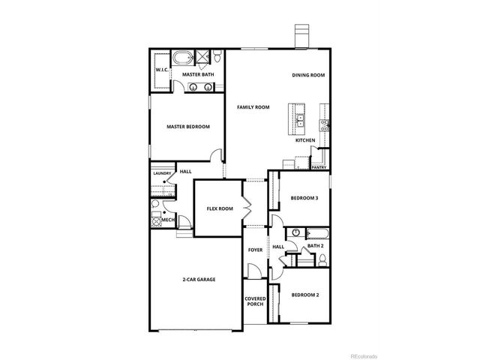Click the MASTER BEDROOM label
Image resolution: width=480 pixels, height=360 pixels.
click(188, 127)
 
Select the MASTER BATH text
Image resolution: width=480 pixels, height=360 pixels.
click(194, 75)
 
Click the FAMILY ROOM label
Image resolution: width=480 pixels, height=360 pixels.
click(253, 107)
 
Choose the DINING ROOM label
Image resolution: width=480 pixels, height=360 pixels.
click(308, 75)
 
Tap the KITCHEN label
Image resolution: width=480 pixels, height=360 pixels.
click(304, 140)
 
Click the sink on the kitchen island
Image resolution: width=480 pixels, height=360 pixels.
click(299, 118)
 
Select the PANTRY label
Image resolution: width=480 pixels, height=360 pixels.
click(319, 168)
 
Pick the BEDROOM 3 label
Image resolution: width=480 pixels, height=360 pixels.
click(304, 198)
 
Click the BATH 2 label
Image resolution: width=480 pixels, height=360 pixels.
click(316, 246)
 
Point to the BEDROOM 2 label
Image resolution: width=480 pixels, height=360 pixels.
click(305, 295)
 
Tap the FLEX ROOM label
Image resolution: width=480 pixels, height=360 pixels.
click(220, 208)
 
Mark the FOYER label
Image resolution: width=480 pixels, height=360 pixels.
click(255, 250)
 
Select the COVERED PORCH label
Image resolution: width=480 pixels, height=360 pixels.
click(255, 301)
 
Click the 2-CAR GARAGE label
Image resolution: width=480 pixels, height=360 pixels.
click(199, 280)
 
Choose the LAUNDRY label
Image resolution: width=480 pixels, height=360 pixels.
click(163, 174)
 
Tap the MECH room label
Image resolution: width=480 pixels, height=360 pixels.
click(168, 219)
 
